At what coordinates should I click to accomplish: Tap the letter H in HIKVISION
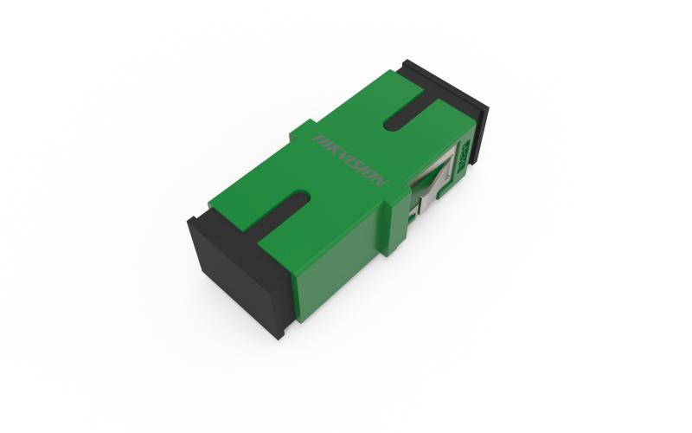click(x=318, y=138)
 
